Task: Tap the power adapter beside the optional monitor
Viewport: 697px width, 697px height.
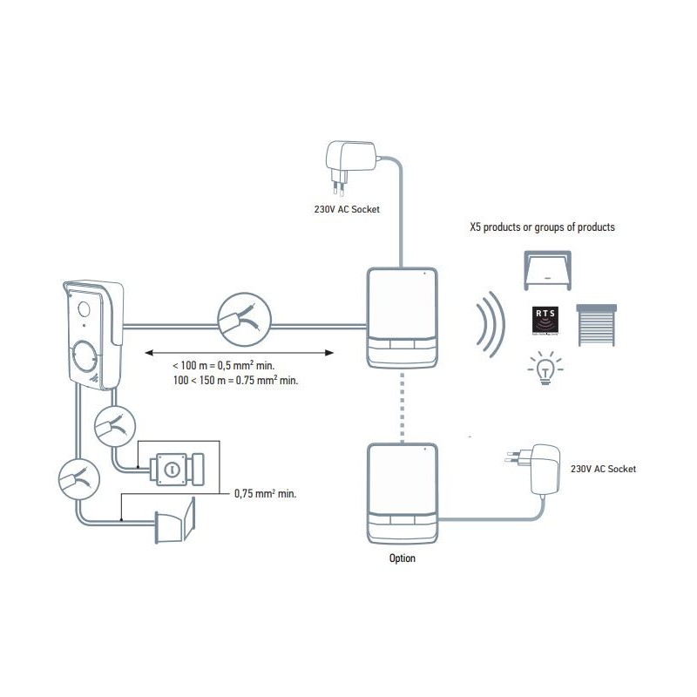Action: [533, 469]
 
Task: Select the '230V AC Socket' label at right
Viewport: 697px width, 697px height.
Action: [603, 469]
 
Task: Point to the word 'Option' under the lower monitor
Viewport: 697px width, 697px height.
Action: [402, 558]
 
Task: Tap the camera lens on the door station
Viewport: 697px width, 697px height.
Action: [85, 308]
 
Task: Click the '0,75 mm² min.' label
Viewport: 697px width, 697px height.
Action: [266, 493]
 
